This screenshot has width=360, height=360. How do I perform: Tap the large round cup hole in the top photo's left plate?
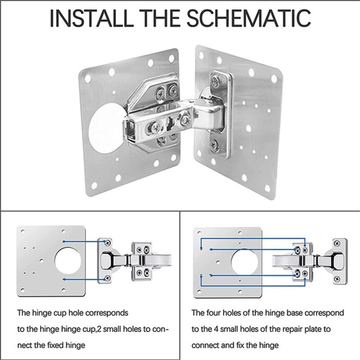pyautogui.click(x=106, y=128)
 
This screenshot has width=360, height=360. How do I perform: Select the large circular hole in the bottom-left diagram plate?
pyautogui.click(x=68, y=260)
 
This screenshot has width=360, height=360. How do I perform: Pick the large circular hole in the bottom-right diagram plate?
pyautogui.click(x=245, y=262)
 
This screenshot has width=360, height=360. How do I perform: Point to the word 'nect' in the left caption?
pyautogui.click(x=25, y=345)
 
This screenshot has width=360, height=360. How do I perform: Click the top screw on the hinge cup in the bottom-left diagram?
pyautogui.click(x=107, y=243)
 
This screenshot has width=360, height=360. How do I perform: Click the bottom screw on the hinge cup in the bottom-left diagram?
pyautogui.click(x=107, y=279)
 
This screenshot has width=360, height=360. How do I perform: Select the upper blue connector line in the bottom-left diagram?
pyautogui.click(x=85, y=242)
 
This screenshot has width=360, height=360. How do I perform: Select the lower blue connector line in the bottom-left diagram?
pyautogui.click(x=85, y=279)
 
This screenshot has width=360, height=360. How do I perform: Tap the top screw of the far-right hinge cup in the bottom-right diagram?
pyautogui.click(x=337, y=243)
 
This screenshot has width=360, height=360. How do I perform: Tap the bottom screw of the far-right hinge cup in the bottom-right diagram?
pyautogui.click(x=337, y=279)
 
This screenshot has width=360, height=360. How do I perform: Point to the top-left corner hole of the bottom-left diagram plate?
pyautogui.click(x=23, y=231)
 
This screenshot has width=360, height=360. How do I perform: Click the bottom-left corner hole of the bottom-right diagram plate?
pyautogui.click(x=199, y=292)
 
